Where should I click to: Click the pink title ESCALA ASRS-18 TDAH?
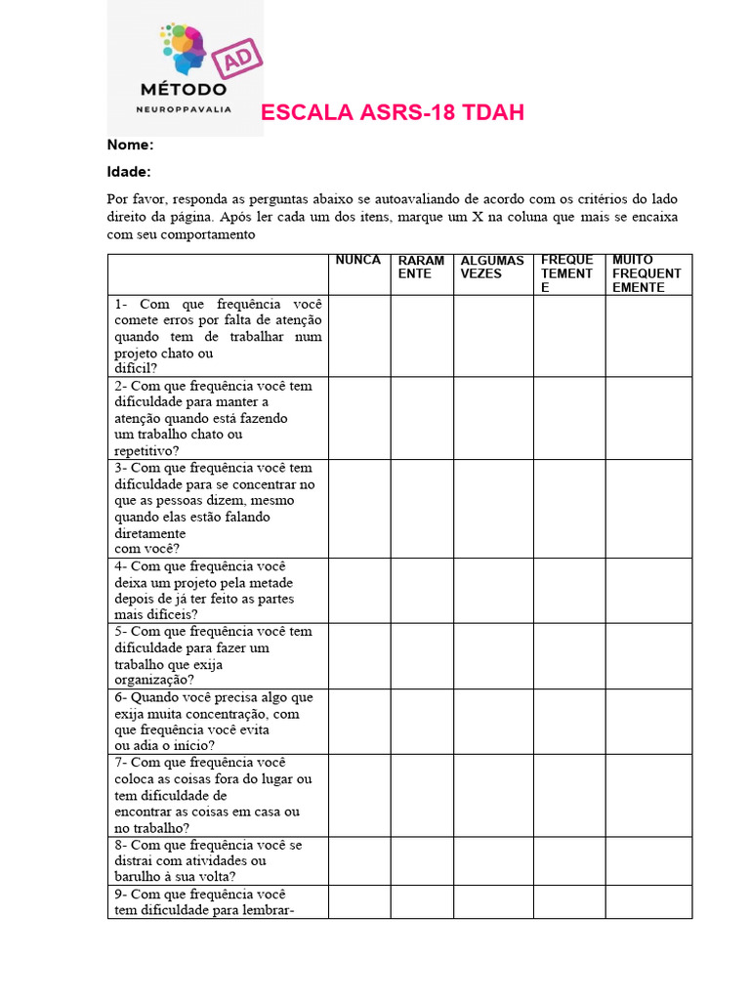pos(393,113)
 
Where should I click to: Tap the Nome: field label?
pos(130,145)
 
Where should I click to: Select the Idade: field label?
pos(129,172)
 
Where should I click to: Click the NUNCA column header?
pos(358,261)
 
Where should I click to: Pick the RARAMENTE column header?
pos(421,268)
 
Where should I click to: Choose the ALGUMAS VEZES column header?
pos(492,268)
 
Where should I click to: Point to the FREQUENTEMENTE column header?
pos(567,274)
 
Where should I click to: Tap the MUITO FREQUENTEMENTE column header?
pos(646,274)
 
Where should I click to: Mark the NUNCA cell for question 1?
pos(358,336)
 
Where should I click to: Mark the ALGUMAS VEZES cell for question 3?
pos(492,509)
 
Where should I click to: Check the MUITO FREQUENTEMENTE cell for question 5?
pos(647,656)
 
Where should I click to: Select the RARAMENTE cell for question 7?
pos(421,795)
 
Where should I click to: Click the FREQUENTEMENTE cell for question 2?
pos(568,418)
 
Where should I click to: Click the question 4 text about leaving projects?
pos(213,591)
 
